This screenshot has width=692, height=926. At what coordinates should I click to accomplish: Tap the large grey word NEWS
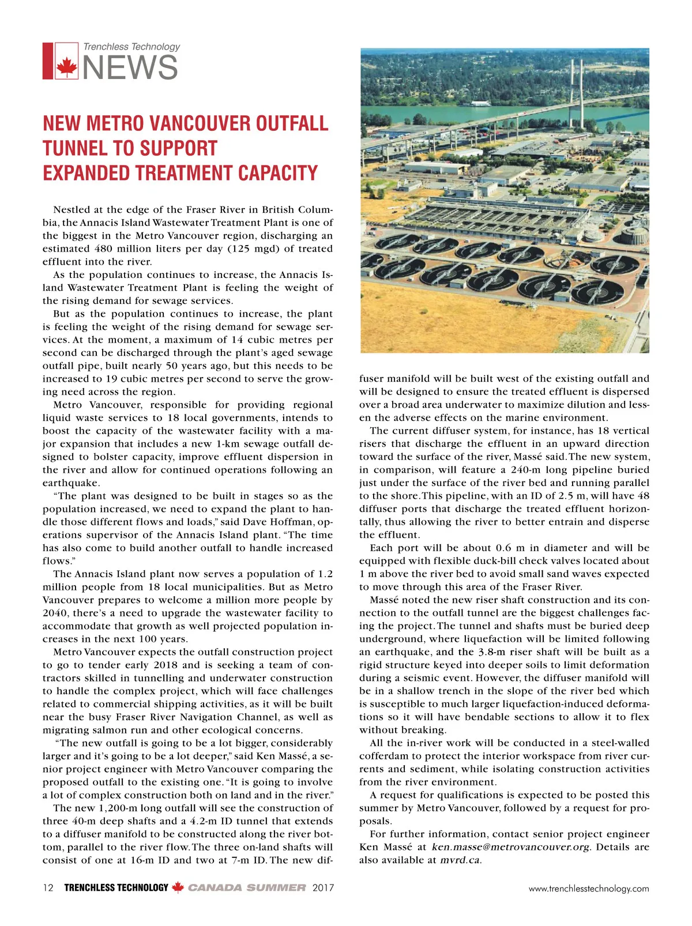click(x=131, y=67)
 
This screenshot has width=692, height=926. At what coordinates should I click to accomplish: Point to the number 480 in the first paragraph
click(x=104, y=249)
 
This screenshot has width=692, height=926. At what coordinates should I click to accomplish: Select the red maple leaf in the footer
click(x=178, y=888)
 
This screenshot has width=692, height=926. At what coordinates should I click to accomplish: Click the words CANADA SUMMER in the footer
click(x=247, y=888)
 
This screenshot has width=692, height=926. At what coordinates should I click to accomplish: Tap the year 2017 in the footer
click(x=323, y=888)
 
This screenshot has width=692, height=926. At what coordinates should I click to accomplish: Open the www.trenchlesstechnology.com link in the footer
click(x=589, y=889)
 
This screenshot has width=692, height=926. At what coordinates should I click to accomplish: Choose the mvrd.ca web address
click(x=460, y=860)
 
